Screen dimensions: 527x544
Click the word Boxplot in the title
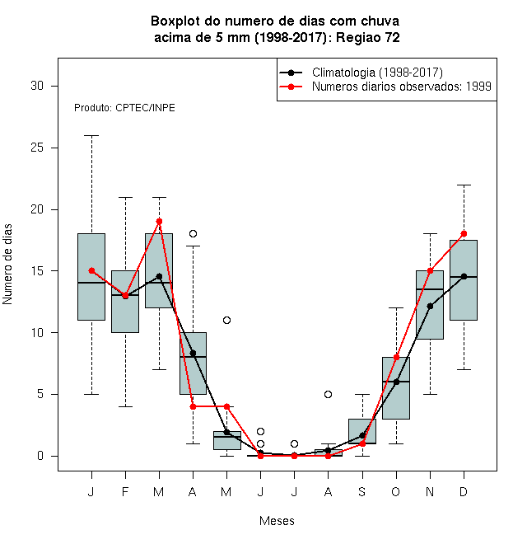175,21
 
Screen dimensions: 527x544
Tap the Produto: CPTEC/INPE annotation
124,108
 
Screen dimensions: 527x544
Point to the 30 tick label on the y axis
37,86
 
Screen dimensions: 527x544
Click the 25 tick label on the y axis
37,148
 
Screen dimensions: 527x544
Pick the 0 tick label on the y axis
40,456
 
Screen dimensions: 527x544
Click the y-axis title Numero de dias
7,265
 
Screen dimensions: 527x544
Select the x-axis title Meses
277,521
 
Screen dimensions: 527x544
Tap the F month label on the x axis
125,491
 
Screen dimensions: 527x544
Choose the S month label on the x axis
362,491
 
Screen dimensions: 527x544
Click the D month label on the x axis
464,491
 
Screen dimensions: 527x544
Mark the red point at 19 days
159,222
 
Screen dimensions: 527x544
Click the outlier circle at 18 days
194,233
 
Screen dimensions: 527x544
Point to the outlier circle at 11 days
226,320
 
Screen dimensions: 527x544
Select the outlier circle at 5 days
328,394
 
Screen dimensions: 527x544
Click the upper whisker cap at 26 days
91,136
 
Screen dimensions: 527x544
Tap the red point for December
464,233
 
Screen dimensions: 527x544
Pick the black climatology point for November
430,306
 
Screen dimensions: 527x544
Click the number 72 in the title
392,37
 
